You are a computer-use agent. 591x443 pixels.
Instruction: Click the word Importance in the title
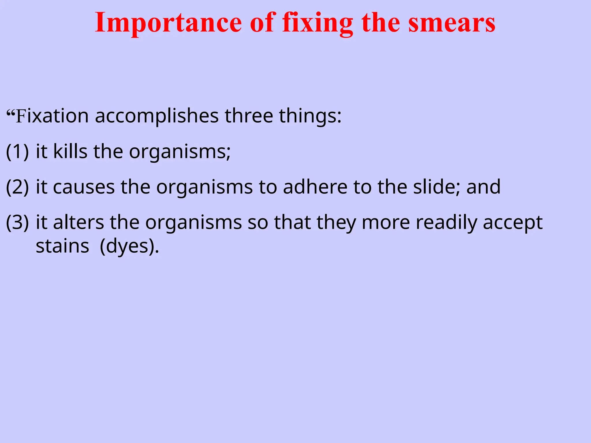[x=168, y=23]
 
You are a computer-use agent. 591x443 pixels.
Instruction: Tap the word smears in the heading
[x=452, y=23]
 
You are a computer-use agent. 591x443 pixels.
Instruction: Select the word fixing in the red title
[x=318, y=23]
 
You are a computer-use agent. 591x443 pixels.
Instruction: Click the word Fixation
[x=52, y=116]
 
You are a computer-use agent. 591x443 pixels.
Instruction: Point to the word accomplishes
[x=157, y=116]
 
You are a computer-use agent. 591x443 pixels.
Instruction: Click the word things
[x=310, y=116]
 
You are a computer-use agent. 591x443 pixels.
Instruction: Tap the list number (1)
[x=17, y=152]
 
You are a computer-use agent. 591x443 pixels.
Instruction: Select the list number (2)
[x=17, y=187]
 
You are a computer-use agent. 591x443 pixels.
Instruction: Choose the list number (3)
[x=17, y=223]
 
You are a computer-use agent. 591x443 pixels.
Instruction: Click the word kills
[x=70, y=152]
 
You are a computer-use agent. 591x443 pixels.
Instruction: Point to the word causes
[x=84, y=187]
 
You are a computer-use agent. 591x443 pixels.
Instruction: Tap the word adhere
[x=315, y=187]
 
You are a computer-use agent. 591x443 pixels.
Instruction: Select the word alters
[x=78, y=223]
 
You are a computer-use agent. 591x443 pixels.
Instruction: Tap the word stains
[x=62, y=247]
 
